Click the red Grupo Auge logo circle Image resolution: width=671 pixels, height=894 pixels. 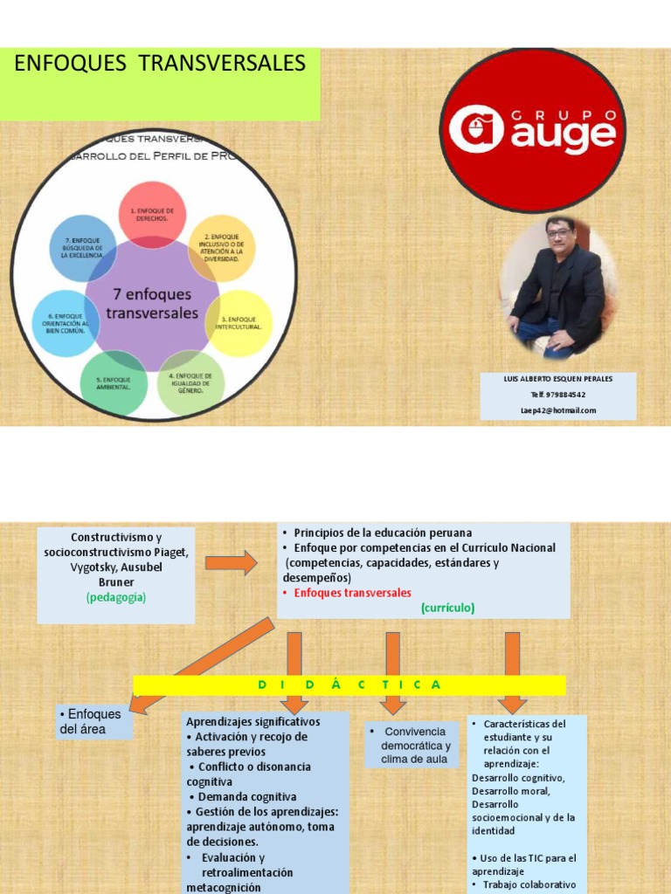[532, 130]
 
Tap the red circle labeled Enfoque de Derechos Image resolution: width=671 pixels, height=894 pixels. [153, 215]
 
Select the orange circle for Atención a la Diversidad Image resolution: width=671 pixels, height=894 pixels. [222, 248]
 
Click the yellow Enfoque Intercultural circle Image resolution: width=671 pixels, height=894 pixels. [239, 323]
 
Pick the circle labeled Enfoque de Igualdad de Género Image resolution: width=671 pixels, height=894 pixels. [191, 383]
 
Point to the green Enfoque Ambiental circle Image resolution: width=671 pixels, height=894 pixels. [114, 383]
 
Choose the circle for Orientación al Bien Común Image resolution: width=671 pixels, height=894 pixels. [66, 323]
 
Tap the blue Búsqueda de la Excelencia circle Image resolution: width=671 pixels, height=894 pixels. [83, 248]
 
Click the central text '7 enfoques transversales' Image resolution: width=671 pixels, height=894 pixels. [152, 304]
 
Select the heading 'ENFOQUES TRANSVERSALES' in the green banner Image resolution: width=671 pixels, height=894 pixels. [159, 64]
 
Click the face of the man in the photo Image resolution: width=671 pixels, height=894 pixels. [559, 233]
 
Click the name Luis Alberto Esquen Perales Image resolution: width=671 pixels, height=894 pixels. [558, 379]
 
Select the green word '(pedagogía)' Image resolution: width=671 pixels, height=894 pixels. [116, 597]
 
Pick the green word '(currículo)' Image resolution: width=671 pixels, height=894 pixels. [447, 608]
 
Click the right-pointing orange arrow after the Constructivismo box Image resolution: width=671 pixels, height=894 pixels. [232, 562]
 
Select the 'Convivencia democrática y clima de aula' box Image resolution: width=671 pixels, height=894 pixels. [412, 745]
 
